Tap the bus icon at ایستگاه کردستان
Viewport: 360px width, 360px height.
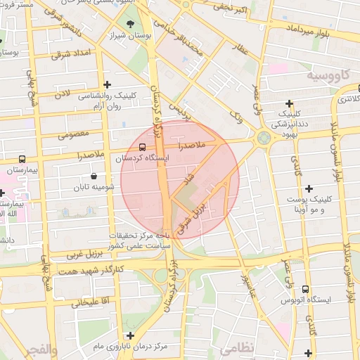[143, 148]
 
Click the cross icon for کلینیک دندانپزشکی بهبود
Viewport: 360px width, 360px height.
[289, 104]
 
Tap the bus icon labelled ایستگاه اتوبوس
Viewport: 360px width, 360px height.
[304, 289]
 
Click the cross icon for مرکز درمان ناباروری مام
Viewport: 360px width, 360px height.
[129, 335]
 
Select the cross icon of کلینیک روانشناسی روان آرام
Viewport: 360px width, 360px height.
[106, 84]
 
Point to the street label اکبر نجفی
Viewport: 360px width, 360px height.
[230, 9]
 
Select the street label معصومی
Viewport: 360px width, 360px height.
[72, 134]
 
